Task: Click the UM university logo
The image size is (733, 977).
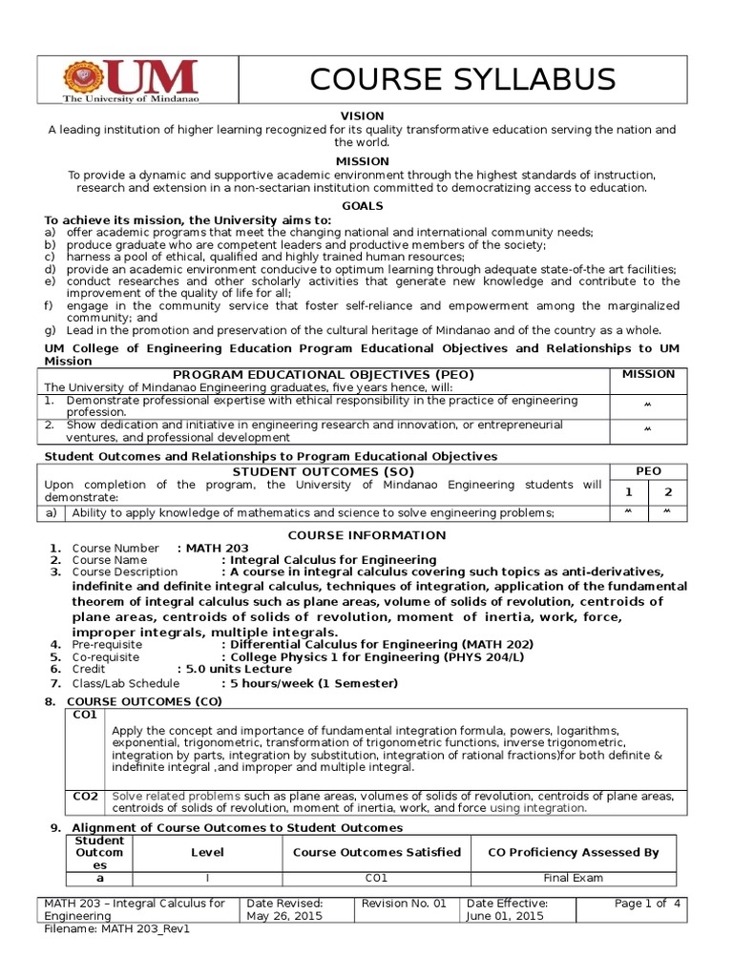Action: point(130,83)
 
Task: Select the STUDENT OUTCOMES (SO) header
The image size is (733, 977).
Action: point(323,471)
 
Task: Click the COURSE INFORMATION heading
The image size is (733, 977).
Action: point(367,535)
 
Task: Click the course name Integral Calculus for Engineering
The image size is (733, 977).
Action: point(328,560)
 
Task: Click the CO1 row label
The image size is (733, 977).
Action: point(85,715)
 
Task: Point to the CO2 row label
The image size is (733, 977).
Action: point(85,796)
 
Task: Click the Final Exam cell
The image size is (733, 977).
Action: point(573,879)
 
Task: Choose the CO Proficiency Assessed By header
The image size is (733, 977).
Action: point(573,852)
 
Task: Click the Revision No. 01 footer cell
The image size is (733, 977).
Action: point(406,903)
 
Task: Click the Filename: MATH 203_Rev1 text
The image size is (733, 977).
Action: point(118,928)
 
